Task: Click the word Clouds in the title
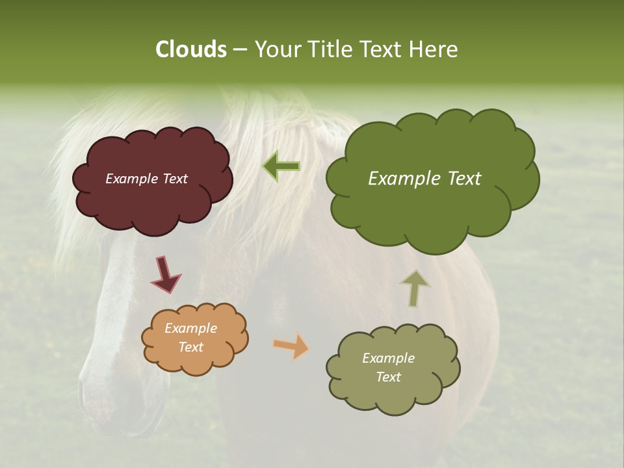190,49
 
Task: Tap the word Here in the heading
434,49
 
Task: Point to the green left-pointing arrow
281,166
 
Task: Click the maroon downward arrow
166,274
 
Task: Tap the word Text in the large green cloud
460,179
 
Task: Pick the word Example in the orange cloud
190,328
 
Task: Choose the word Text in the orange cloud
190,347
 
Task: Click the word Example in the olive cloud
388,358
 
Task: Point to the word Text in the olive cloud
388,377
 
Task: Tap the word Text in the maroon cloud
174,179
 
